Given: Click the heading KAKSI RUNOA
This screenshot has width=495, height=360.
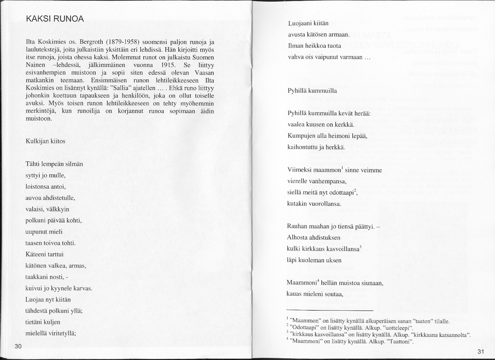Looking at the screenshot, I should pos(55,19).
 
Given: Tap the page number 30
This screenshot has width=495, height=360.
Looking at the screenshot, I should pos(18,346).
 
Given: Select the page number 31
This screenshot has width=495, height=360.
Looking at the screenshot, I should pos(480,352).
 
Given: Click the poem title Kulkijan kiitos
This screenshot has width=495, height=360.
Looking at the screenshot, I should pos(45,141).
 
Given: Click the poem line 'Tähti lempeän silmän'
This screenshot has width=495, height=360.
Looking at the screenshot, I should pos(54,164).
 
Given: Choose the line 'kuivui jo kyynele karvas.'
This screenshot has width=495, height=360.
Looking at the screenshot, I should pos(59,288).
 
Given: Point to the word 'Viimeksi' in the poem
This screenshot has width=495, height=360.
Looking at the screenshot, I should pos(299,170).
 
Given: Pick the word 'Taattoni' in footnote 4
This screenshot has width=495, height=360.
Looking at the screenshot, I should pos(399,341).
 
